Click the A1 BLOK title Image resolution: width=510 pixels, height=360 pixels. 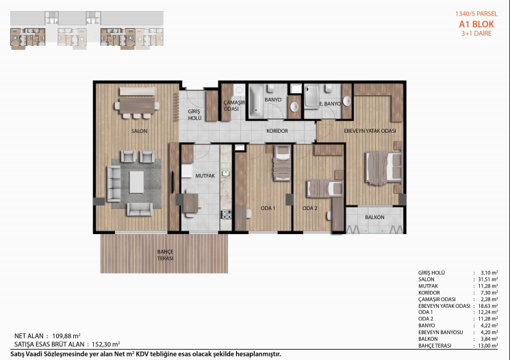point(476,24)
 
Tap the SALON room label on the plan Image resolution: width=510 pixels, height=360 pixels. point(139,131)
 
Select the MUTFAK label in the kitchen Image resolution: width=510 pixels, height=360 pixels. point(205,176)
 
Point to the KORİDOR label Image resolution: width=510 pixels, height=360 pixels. point(277,131)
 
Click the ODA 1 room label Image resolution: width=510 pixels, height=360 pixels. point(268,208)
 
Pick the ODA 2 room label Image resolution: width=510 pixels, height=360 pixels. point(309,208)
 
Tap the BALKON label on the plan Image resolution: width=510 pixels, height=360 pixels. point(374,217)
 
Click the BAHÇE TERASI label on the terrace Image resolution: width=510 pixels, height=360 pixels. point(165,255)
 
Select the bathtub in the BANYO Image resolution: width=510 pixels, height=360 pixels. point(255,101)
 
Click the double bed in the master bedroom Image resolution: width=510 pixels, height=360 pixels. point(383,168)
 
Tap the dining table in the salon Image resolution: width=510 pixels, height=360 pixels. point(137,105)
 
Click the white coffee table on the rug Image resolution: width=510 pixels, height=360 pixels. point(137,182)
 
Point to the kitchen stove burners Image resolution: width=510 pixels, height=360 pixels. point(227,214)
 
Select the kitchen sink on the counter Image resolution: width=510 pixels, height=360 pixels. point(226,173)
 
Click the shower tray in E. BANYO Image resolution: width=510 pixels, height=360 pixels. point(311,96)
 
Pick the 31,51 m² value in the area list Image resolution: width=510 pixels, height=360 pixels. point(488,279)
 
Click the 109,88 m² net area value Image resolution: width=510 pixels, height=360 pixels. point(66,336)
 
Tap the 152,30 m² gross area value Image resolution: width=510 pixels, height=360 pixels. point(106,344)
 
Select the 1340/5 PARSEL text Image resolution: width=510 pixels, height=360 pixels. point(476,14)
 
